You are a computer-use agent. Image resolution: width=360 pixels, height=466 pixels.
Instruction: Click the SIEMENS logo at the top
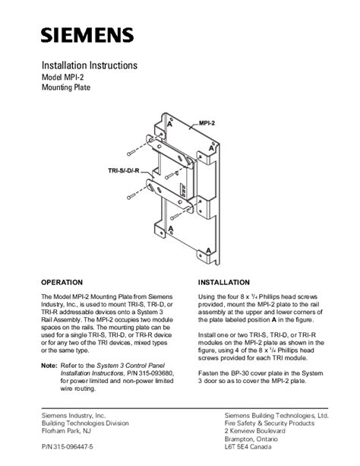tap(87, 35)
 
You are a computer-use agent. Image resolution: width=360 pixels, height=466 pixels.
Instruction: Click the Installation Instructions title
tap(90, 65)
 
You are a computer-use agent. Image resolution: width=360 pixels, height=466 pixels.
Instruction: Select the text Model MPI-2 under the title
tap(63, 78)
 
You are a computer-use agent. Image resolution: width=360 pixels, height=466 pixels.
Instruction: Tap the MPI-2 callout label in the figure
tap(207, 123)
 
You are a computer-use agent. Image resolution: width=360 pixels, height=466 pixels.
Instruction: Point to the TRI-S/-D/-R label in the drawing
tap(124, 171)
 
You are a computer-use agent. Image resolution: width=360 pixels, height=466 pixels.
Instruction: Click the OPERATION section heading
tap(62, 282)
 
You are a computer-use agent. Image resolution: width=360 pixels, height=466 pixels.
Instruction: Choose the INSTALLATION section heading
tap(224, 282)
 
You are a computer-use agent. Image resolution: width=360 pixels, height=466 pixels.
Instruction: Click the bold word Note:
tap(49, 366)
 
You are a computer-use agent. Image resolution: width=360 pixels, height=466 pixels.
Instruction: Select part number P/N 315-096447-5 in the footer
tap(67, 447)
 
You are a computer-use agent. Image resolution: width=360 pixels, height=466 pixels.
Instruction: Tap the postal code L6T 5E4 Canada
tap(248, 447)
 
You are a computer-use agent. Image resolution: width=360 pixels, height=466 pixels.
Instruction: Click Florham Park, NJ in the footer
tap(66, 431)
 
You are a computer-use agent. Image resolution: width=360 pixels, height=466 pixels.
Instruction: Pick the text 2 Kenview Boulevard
tap(255, 431)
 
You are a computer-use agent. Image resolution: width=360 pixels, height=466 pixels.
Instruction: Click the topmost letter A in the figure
tap(169, 123)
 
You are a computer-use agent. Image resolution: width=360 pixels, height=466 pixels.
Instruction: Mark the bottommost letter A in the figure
tap(209, 251)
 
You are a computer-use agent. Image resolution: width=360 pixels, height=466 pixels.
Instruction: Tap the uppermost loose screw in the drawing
tap(131, 154)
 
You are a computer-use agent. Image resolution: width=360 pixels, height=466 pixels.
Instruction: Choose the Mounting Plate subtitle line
tap(66, 87)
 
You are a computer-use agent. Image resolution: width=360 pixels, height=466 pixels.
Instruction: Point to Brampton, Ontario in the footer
tap(251, 439)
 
